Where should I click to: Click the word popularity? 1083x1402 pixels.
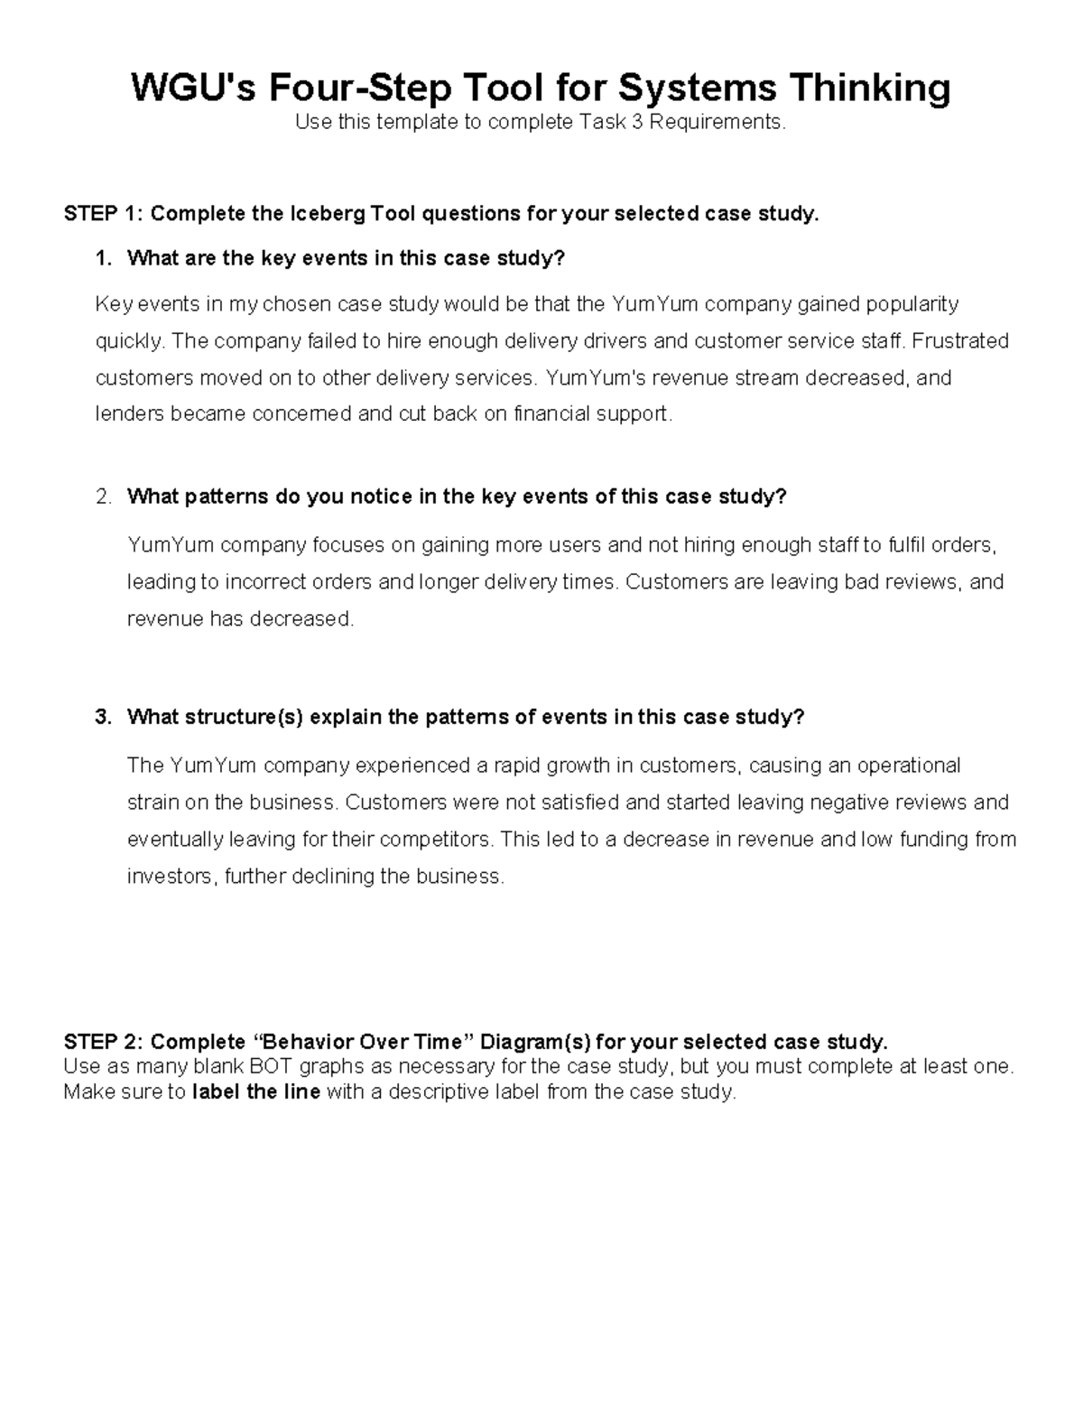pos(912,303)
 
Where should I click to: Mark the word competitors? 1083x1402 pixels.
pos(436,840)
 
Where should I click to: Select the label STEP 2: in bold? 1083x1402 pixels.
pos(103,1042)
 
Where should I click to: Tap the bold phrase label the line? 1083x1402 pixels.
pos(256,1092)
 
